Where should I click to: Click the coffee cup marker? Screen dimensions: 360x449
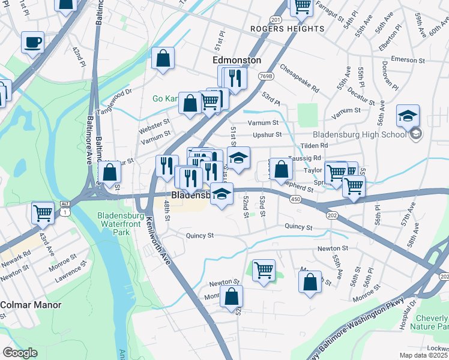32,43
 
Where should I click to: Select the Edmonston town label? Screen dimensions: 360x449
238,61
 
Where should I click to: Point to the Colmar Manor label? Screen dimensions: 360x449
31,305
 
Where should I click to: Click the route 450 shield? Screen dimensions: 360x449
295,199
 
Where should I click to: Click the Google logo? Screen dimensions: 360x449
20,352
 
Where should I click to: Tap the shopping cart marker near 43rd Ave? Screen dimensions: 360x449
43,212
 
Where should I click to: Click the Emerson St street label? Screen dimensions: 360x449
408,59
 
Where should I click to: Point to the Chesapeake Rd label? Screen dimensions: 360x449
299,78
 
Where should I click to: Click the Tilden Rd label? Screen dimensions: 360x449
315,145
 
